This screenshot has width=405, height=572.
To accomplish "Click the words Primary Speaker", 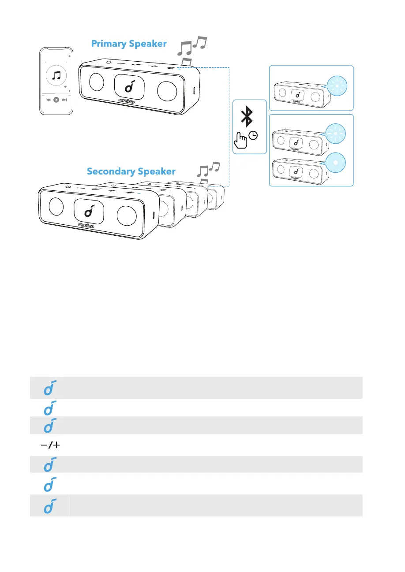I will click(129, 44).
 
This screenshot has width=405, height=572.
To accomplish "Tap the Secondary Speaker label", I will click(131, 171).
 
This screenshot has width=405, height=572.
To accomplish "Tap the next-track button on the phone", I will click(64, 100).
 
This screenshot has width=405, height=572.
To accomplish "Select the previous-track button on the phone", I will click(49, 100).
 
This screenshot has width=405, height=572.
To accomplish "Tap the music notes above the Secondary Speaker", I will click(208, 170).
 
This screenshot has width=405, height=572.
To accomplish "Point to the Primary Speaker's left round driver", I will click(96, 82).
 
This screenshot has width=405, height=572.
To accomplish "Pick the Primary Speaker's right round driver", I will click(167, 90).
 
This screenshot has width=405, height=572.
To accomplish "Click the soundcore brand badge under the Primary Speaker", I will click(127, 101).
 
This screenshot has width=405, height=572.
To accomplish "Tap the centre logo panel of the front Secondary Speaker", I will click(89, 211).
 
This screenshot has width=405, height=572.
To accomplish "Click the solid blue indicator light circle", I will click(336, 162).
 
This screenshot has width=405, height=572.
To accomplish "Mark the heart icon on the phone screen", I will click(65, 87).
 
